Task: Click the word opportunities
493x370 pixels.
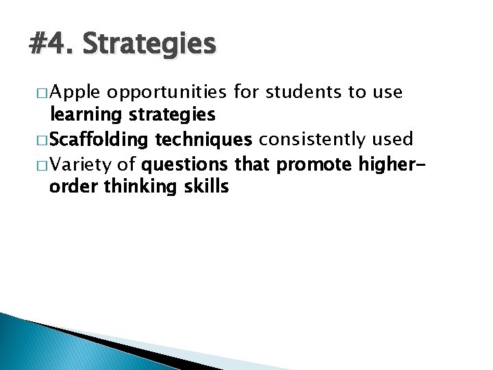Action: click(x=168, y=92)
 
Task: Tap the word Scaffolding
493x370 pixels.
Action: click(x=99, y=140)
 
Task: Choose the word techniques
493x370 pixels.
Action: click(x=203, y=140)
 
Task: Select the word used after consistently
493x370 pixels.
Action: click(x=393, y=140)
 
